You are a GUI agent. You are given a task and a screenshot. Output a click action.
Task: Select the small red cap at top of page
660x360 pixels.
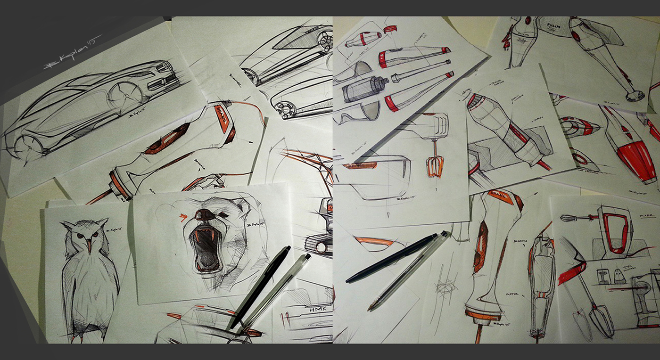pyautogui.click(x=390, y=29)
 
